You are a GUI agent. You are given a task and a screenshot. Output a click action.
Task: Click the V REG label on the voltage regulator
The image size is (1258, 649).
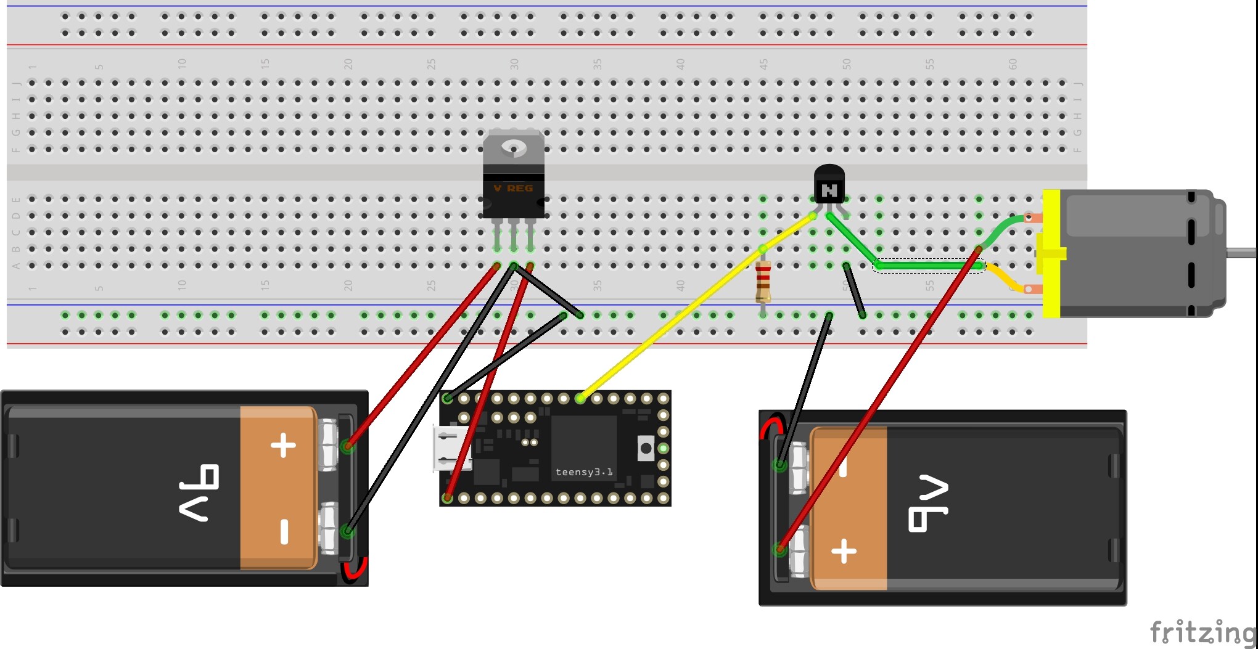pos(513,188)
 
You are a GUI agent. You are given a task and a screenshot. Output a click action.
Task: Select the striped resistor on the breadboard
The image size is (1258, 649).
pos(763,282)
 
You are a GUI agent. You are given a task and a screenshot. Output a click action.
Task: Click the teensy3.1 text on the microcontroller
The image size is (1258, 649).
pos(583,472)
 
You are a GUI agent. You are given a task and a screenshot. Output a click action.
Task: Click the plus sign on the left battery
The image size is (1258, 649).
pos(284,445)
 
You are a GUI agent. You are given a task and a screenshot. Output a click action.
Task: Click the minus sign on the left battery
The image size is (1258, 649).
pos(284,531)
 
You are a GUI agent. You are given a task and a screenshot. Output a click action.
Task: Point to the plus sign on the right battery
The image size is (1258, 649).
pos(844,551)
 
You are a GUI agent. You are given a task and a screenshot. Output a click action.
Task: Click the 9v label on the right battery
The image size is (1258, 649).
pos(927,503)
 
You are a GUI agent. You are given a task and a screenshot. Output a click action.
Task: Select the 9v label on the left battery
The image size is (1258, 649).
pos(199,493)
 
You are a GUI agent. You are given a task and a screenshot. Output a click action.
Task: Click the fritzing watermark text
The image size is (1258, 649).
pos(1202,632)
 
